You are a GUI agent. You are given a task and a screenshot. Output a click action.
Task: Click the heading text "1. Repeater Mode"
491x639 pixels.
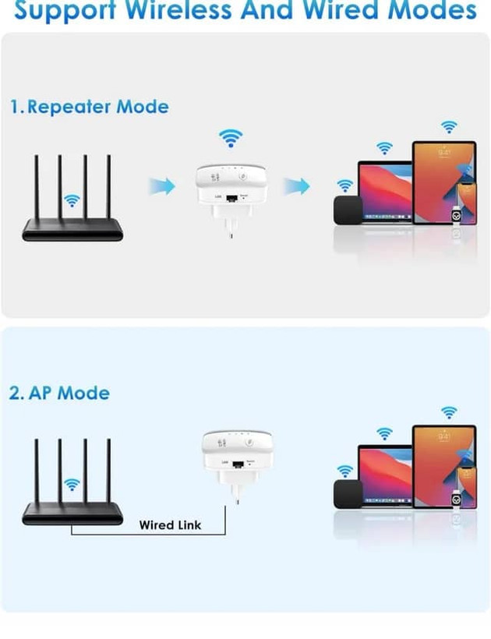coord(89,107)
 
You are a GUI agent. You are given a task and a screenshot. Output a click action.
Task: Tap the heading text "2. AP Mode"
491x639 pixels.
coord(59,393)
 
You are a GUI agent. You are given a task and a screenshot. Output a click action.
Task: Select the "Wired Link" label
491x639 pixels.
coord(170,524)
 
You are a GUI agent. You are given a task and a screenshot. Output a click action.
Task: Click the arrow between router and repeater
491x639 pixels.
coord(162,186)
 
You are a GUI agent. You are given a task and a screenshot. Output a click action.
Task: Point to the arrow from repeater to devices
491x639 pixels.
coord(296,186)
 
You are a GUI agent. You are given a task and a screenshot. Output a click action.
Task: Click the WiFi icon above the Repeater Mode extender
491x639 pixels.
coord(230,138)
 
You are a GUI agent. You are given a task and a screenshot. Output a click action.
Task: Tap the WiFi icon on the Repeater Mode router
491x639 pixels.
coord(72,200)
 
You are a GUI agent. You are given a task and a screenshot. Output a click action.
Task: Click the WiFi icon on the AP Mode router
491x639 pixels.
coord(72,485)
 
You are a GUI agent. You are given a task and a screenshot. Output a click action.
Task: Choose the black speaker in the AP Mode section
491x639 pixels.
coord(346,494)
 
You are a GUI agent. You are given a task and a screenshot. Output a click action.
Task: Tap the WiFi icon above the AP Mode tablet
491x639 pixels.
coord(449,412)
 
